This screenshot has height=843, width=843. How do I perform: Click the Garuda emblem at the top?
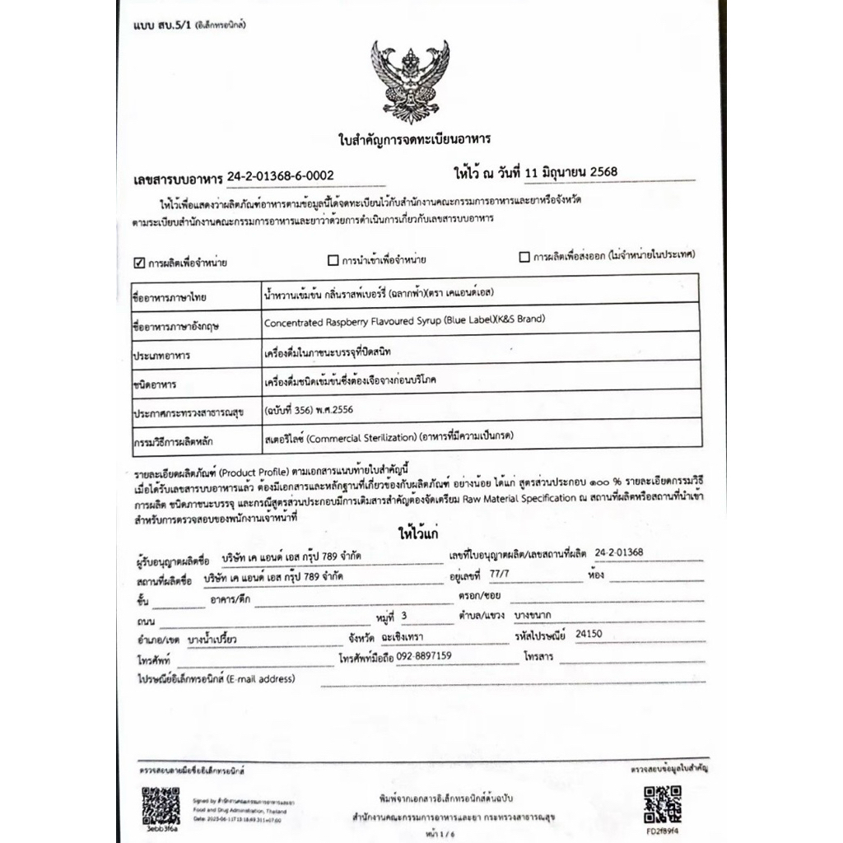[x=410, y=81]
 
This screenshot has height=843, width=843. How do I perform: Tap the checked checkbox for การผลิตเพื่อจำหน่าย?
[x=139, y=263]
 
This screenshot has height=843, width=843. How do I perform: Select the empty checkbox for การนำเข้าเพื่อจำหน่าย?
[x=333, y=261]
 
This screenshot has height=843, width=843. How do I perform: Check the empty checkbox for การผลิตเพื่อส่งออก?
[x=524, y=257]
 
